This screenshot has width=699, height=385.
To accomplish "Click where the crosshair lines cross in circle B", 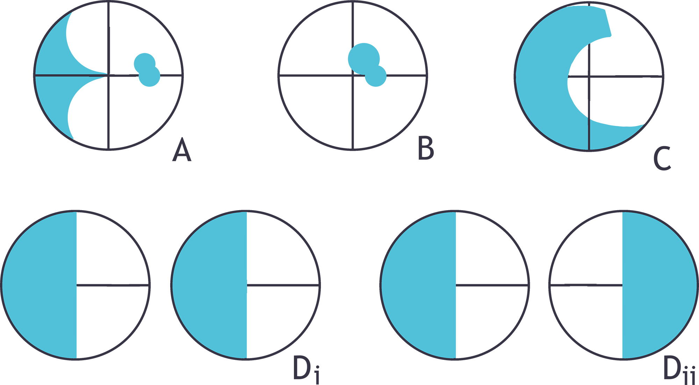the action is [353, 75].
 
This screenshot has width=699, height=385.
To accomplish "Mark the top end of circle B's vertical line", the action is [353, 2].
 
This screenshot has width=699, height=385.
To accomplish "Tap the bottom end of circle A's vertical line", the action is [109, 149].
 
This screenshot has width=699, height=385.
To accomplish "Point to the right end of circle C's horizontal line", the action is [662, 76].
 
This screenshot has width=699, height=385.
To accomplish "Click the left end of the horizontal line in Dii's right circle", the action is [550, 285].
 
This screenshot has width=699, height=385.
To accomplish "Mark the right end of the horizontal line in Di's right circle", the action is [319, 285].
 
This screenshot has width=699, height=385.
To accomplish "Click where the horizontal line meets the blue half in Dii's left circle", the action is [456, 285].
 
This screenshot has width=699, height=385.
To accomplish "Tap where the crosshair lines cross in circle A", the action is [109, 74].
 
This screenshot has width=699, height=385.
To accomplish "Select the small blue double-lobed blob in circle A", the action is [147, 70].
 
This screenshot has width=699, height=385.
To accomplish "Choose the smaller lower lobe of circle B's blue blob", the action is [376, 76].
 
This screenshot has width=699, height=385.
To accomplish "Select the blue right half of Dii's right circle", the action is [659, 285].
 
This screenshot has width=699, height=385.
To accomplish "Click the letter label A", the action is [182, 149].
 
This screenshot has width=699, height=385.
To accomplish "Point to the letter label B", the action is [426, 148].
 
